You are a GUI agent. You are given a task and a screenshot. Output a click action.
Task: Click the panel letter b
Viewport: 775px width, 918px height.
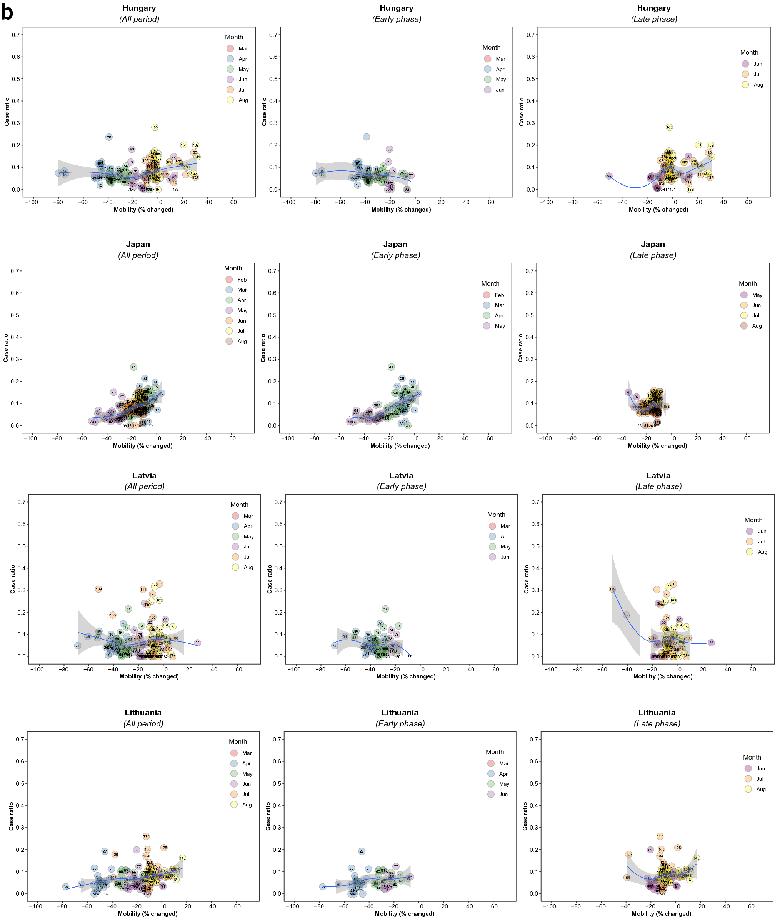coord(7,12)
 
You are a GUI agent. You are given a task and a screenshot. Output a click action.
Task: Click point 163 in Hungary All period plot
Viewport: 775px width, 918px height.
coord(155,127)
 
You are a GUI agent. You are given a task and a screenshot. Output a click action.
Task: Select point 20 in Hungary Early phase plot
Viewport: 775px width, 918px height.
coord(367,137)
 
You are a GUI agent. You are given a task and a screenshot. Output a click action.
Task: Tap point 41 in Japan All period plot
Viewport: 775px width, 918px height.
coord(133,367)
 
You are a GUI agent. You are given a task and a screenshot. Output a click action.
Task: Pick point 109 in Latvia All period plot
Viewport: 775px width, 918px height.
coord(98,589)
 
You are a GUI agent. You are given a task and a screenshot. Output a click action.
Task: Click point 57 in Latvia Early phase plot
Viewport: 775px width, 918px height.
coord(385,609)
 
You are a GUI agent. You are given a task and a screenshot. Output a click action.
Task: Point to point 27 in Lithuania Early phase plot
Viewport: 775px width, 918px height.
coord(362,851)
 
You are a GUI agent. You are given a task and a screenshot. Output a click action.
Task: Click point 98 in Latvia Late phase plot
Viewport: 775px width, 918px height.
coord(711,643)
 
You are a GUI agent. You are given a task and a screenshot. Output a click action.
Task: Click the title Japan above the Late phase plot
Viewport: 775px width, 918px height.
coord(652,244)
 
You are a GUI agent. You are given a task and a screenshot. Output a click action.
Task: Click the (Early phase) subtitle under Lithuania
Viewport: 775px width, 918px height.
coord(400,723)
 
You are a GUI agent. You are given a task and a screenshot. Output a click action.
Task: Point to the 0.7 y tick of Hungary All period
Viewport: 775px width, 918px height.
coord(16,35)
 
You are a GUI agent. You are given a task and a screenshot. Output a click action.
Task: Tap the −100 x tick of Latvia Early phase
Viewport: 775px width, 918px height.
coord(294,670)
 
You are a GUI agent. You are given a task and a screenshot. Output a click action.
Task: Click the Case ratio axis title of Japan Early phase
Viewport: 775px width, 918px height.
coord(263,348)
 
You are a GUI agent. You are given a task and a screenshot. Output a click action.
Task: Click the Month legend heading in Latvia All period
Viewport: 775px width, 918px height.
coord(239,505)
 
